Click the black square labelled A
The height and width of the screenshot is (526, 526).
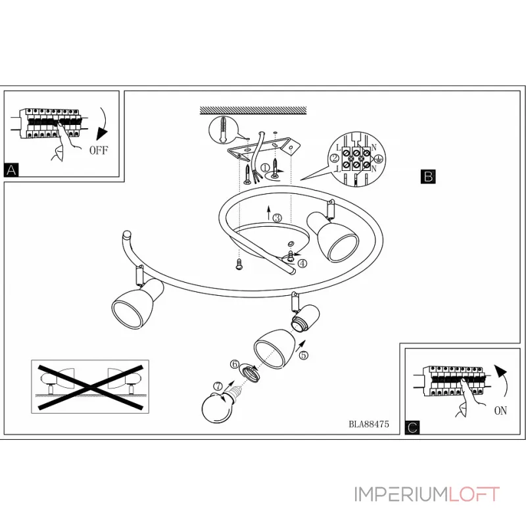pos(11,170)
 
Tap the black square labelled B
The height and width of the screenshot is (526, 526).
pos(428,176)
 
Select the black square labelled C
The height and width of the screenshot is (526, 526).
pos(412,427)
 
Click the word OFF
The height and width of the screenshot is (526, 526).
pos(99,150)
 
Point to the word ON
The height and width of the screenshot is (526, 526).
pos(500,410)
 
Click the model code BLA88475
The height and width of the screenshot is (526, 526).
pos(369,424)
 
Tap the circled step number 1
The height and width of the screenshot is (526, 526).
pos(265,168)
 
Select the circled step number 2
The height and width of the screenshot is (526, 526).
pos(335,158)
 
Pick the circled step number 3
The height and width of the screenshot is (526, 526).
pos(277,218)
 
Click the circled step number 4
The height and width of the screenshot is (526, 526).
pos(302,264)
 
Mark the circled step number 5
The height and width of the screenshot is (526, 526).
pos(304,355)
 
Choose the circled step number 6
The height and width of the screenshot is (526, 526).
pos(235,364)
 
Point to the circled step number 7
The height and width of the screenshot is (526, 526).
pos(218,387)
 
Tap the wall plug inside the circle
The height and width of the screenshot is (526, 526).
pos(224,130)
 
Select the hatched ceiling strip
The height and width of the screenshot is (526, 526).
pos(253,110)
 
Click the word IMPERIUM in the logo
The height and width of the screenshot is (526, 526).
pos(400,494)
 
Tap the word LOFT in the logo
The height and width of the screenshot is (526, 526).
pos(473,494)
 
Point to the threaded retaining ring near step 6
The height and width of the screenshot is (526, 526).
pos(250,373)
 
